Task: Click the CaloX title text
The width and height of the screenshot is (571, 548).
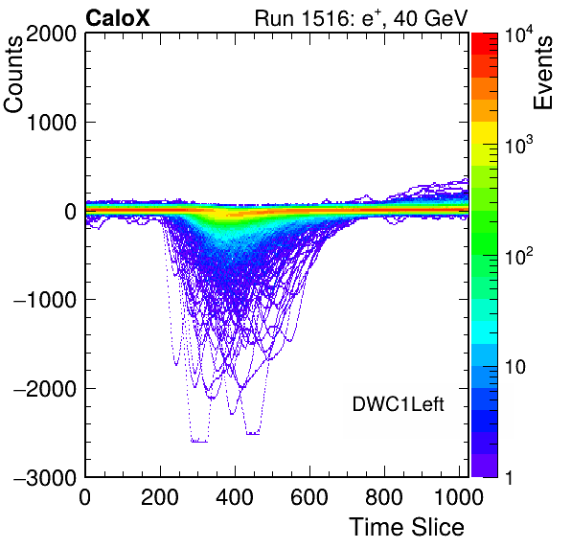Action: tap(118, 18)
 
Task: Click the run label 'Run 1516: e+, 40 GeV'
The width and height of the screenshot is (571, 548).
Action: tap(361, 18)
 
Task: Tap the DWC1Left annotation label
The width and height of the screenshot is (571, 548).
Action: tap(398, 404)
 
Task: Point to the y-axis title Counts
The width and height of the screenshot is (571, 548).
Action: tap(13, 75)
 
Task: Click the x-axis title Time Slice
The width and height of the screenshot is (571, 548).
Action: tap(407, 527)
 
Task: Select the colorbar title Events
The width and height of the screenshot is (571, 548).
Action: tap(542, 73)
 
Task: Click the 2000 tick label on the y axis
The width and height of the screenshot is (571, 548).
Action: tap(51, 34)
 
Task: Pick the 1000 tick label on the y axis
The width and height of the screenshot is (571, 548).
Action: tap(51, 123)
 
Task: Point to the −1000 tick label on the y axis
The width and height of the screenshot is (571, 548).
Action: tap(45, 301)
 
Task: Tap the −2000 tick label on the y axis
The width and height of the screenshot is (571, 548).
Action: tap(45, 389)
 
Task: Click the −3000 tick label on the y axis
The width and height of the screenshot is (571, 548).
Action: tap(45, 478)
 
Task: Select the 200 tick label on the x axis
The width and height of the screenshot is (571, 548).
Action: tap(160, 497)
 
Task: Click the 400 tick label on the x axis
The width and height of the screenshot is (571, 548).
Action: tap(235, 497)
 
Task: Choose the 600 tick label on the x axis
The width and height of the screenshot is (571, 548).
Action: tap(309, 497)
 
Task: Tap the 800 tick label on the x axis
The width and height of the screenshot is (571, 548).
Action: tap(384, 497)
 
